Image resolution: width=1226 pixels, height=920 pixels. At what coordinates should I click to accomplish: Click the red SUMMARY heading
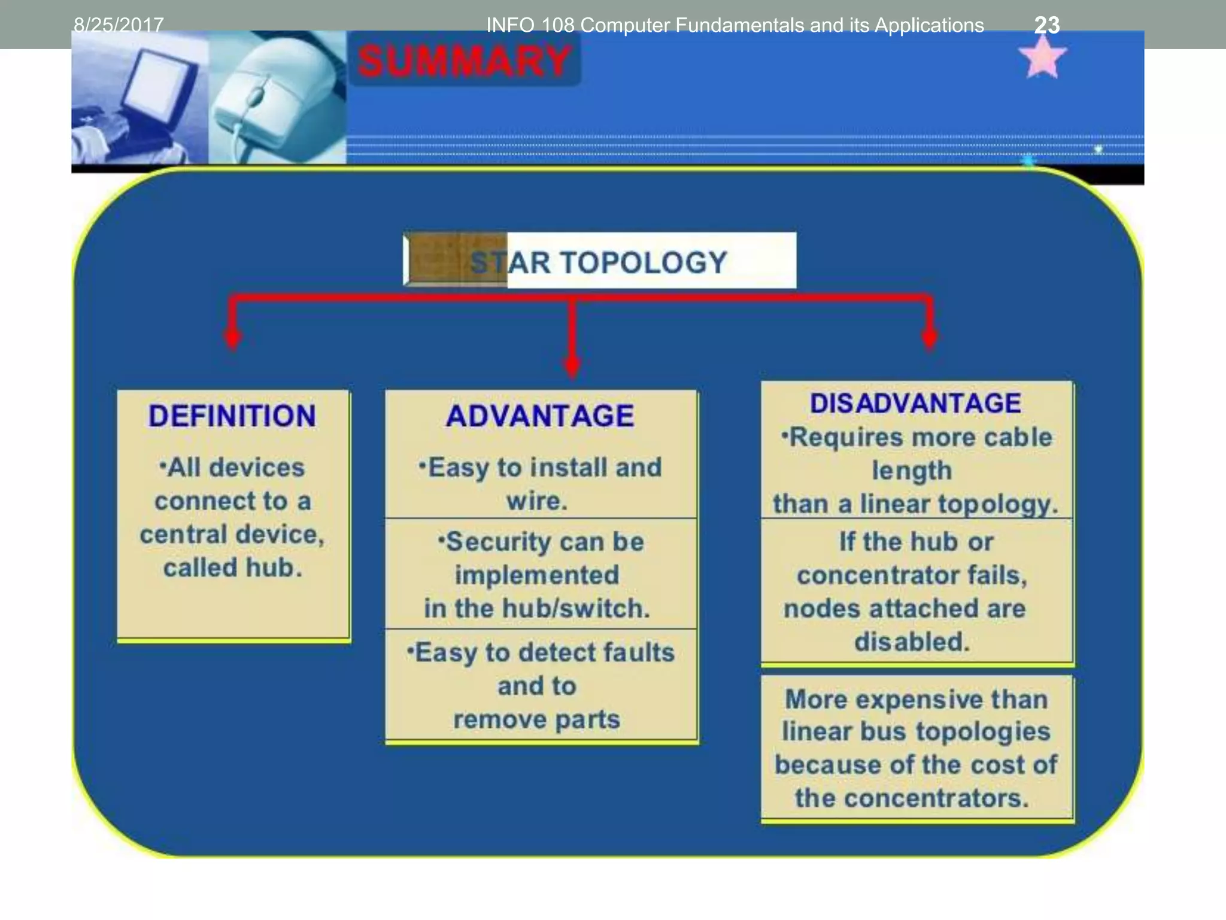[464, 61]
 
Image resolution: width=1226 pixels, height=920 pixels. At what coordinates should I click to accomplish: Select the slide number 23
[1047, 25]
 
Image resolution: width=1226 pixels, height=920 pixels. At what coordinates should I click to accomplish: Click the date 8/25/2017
[119, 25]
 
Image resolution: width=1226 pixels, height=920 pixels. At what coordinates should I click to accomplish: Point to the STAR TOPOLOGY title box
[599, 261]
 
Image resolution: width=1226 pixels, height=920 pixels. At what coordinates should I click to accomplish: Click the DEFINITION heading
[232, 416]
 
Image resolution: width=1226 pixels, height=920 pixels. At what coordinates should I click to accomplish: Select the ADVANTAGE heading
[540, 416]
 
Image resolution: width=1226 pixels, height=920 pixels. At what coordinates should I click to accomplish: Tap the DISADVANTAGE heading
[915, 403]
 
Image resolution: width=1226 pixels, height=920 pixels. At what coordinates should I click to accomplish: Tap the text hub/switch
[576, 609]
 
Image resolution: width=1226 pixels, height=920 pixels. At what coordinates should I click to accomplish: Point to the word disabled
[912, 642]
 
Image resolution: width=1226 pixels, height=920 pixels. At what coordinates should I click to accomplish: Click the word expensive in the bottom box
[917, 699]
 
